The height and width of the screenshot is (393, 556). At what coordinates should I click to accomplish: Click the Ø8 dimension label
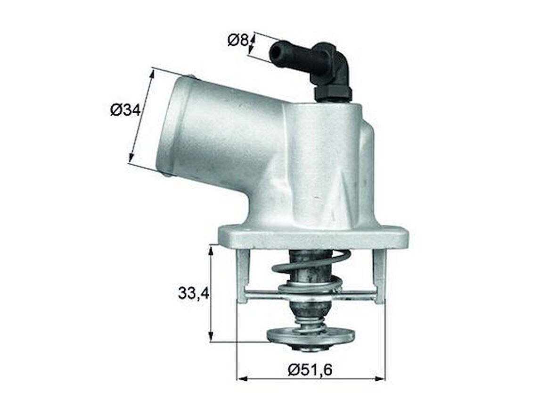(238, 41)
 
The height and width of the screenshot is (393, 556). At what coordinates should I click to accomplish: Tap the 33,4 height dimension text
(193, 293)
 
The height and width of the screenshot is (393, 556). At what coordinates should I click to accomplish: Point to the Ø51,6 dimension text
(310, 370)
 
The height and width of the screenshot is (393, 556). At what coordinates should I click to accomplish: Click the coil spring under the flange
(311, 264)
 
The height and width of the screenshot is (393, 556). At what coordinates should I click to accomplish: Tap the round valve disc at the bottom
(311, 335)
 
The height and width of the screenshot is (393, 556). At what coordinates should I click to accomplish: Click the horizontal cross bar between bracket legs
(311, 296)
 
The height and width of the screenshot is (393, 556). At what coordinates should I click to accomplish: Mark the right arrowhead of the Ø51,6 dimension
(382, 378)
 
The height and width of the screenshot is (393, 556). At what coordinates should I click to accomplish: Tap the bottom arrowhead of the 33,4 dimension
(211, 338)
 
